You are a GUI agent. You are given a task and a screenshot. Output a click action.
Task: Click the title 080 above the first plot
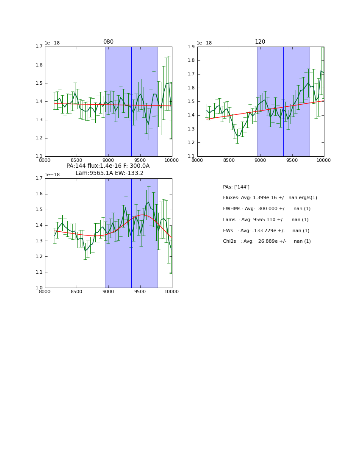(x=108, y=42)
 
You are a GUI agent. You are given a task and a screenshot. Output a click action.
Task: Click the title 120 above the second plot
(x=260, y=42)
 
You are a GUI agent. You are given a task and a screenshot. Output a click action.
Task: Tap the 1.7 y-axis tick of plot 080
(x=39, y=47)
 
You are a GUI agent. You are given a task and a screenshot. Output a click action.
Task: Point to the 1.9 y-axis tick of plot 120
(x=191, y=47)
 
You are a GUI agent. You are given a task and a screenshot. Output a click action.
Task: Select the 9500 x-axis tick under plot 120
(x=292, y=161)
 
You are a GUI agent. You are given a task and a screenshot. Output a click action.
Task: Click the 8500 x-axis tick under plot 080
(x=76, y=161)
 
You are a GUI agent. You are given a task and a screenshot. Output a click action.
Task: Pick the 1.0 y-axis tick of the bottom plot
(x=39, y=288)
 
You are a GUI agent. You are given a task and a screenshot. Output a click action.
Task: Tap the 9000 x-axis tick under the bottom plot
(x=108, y=292)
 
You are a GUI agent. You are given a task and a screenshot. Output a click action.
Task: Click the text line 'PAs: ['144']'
(x=236, y=187)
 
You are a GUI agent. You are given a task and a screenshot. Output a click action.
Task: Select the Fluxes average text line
(x=270, y=198)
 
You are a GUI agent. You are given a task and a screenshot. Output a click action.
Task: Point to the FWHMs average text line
(x=266, y=209)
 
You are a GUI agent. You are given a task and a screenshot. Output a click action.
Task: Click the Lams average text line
(x=266, y=219)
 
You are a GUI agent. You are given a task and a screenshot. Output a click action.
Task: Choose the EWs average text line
(x=266, y=230)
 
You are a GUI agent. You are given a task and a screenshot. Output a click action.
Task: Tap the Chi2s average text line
(x=266, y=241)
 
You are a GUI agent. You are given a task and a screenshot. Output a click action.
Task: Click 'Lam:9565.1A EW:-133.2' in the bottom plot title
(x=109, y=173)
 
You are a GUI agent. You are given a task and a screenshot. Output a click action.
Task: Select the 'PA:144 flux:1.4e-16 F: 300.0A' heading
(x=108, y=166)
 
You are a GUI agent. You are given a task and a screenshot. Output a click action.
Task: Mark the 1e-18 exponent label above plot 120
(x=204, y=43)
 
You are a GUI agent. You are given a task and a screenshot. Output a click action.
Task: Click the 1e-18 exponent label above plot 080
(x=52, y=43)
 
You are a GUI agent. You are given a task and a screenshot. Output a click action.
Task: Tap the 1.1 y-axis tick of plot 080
(x=39, y=156)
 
